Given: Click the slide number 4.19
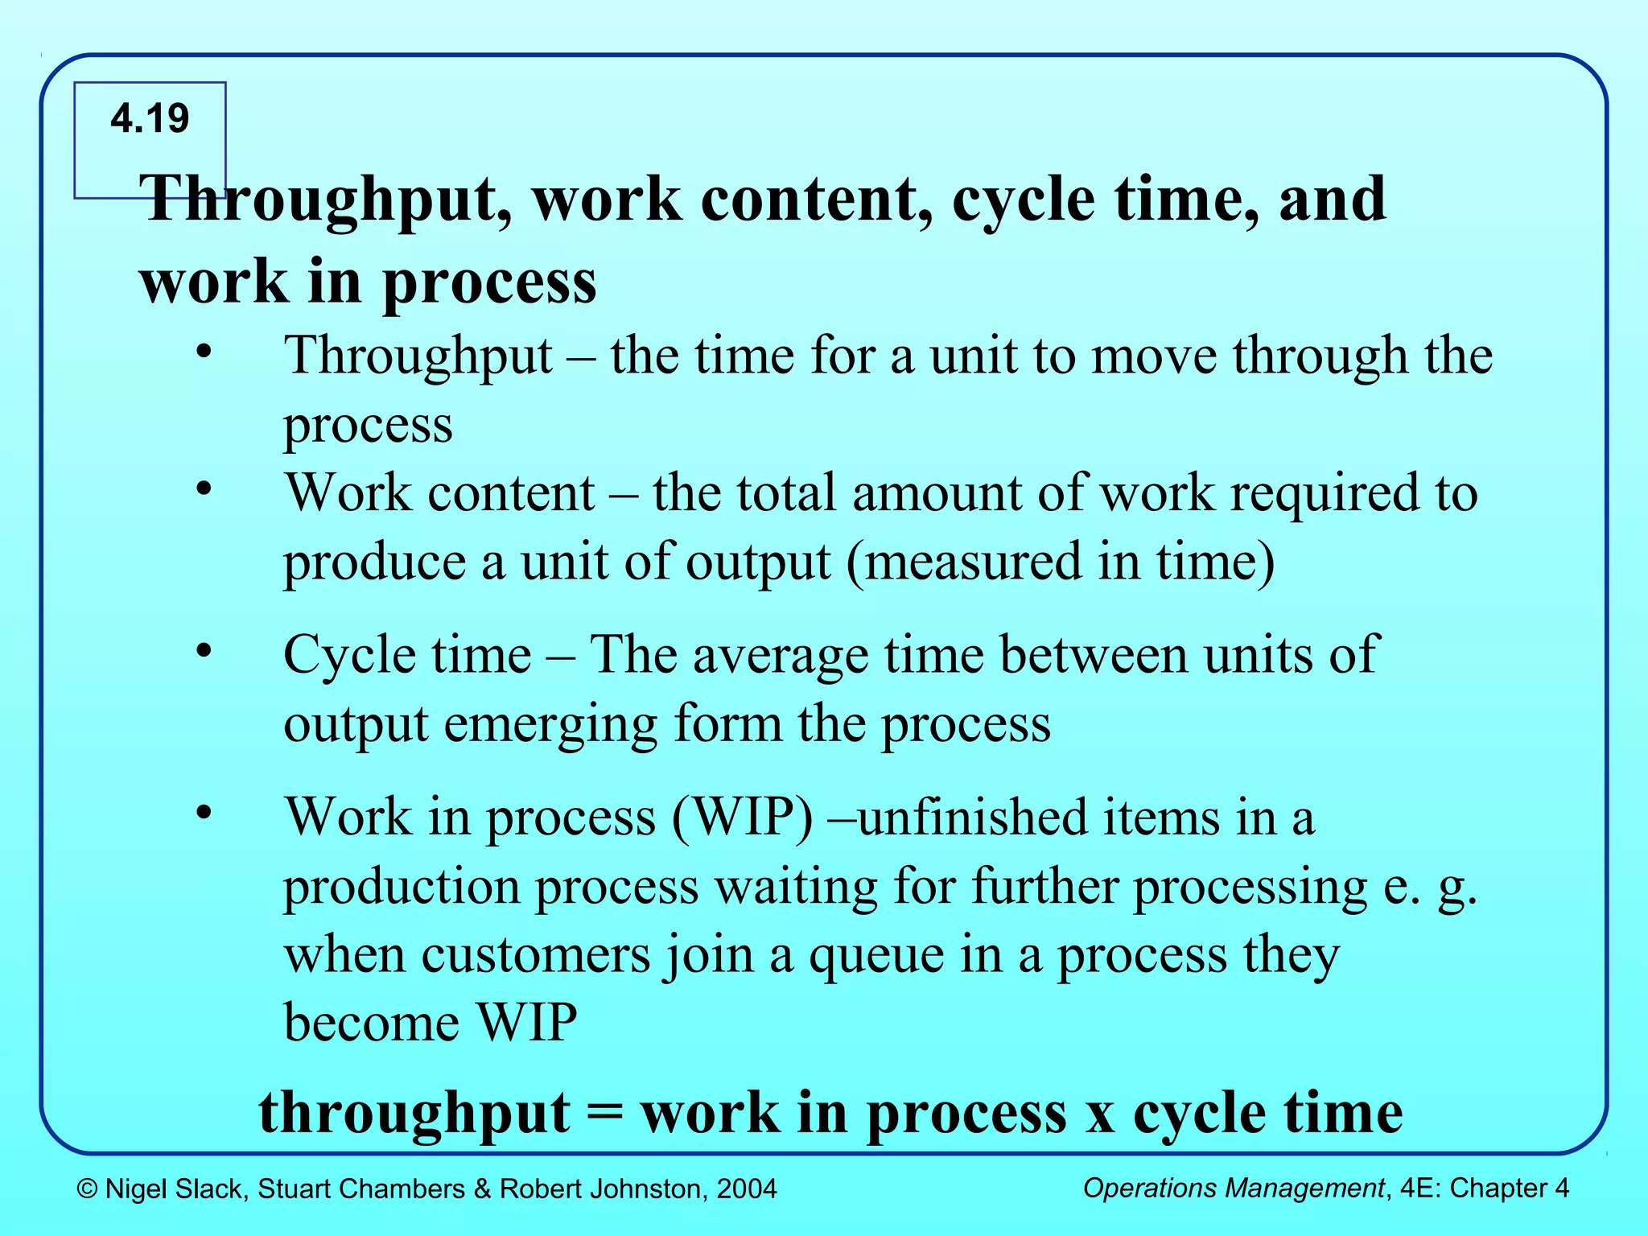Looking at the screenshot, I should pyautogui.click(x=150, y=119).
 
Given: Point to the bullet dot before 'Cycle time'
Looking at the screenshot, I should pyautogui.click(x=204, y=649).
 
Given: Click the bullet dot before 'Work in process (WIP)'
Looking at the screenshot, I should pyautogui.click(x=204, y=812).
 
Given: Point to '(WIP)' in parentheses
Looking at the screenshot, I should pyautogui.click(x=742, y=818).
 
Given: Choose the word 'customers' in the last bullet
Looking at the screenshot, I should pyautogui.click(x=535, y=955).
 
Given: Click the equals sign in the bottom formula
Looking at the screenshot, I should pyautogui.click(x=605, y=1113).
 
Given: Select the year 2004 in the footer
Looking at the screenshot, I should pyautogui.click(x=747, y=1189).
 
